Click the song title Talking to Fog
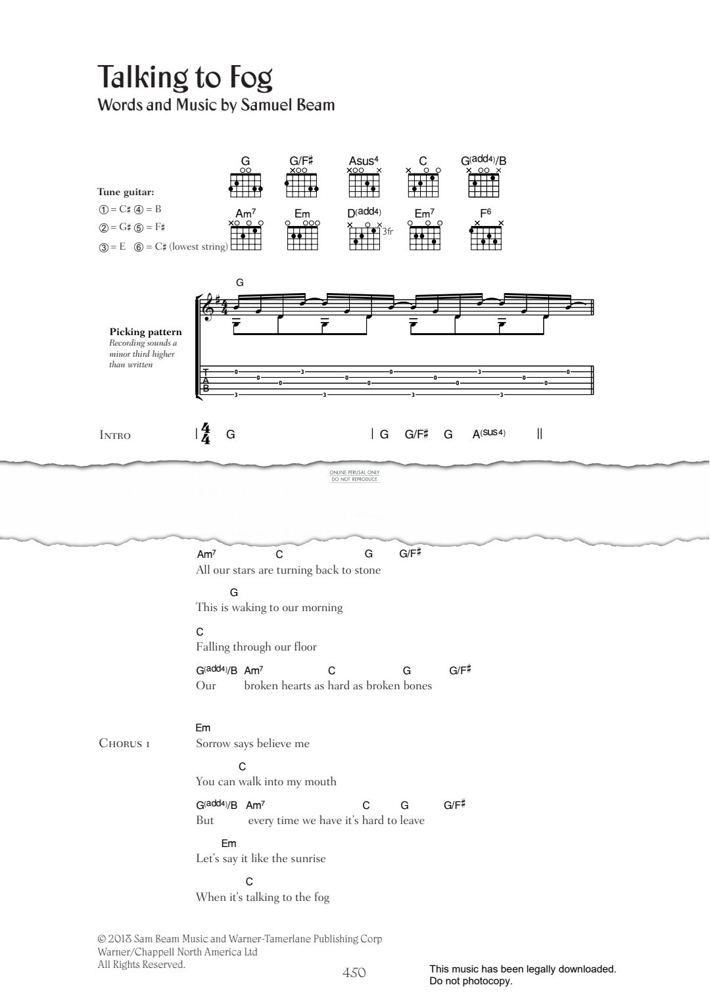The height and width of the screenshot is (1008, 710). click(x=185, y=78)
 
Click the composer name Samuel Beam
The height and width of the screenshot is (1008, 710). click(x=288, y=105)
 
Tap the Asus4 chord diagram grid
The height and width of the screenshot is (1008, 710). click(x=364, y=185)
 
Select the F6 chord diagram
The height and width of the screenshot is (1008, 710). click(x=486, y=238)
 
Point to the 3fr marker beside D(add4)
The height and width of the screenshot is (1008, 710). click(x=387, y=232)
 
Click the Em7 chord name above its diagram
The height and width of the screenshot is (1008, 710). click(x=424, y=214)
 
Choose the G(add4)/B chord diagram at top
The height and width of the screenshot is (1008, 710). click(x=484, y=185)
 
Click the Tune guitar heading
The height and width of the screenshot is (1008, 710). click(x=126, y=192)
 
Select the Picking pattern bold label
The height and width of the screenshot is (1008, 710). click(x=146, y=332)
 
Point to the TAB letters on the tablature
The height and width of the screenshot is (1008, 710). click(x=206, y=380)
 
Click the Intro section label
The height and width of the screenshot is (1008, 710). click(x=115, y=435)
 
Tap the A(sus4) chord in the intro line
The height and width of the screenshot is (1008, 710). click(x=489, y=434)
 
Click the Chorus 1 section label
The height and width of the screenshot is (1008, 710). click(x=124, y=743)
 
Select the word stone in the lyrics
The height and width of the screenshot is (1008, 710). click(x=367, y=570)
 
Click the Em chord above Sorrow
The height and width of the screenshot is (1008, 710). click(x=203, y=727)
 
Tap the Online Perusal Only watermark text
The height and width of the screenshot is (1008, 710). click(x=354, y=472)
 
